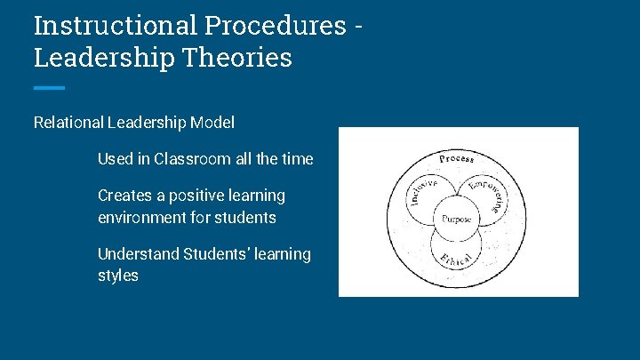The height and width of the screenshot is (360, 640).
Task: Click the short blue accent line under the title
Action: (x=49, y=88)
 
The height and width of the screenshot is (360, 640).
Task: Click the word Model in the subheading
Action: (x=212, y=123)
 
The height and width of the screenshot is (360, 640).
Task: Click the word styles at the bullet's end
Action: (x=118, y=276)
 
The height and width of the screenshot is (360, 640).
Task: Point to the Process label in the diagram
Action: (x=457, y=159)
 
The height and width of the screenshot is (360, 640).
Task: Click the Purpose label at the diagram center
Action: (x=457, y=218)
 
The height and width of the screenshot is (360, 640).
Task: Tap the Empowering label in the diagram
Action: (x=488, y=195)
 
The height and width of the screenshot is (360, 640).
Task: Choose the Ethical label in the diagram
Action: (x=455, y=259)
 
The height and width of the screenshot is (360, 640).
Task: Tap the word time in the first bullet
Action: (x=297, y=159)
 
